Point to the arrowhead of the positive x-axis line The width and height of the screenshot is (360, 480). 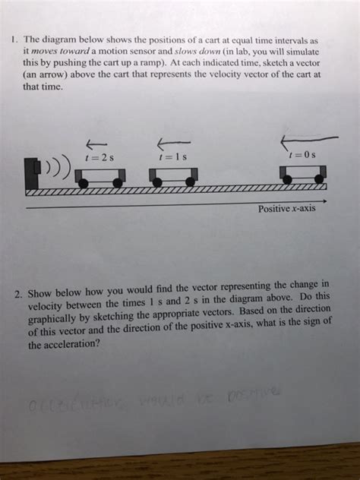point(324,201)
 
